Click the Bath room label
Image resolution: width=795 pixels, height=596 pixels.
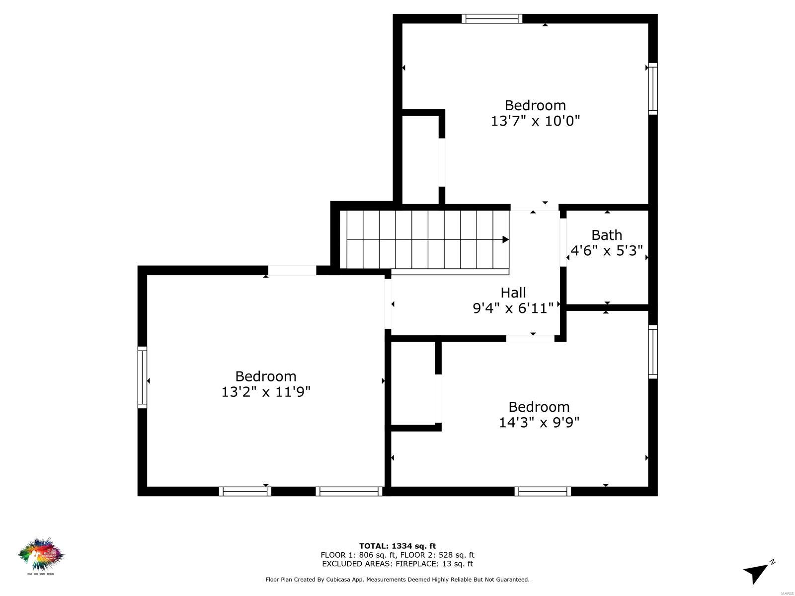click(x=606, y=235)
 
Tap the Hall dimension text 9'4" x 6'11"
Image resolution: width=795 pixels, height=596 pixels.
click(x=513, y=308)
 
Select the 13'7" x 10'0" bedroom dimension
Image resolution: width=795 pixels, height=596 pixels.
click(x=535, y=121)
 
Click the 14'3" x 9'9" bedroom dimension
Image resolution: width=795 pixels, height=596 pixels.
click(x=539, y=422)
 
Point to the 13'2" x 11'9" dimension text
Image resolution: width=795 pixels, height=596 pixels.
click(x=266, y=392)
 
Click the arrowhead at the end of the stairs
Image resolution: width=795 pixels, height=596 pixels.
click(x=505, y=239)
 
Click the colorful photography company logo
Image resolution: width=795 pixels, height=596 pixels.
click(x=41, y=555)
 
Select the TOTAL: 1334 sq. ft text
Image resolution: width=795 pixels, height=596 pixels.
click(x=397, y=546)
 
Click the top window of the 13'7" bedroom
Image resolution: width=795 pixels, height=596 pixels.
click(x=491, y=19)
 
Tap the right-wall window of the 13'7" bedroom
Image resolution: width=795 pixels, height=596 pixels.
click(x=653, y=89)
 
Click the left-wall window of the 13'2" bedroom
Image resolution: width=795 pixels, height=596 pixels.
click(x=142, y=377)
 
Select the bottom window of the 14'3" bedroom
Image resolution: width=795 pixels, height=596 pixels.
click(x=543, y=491)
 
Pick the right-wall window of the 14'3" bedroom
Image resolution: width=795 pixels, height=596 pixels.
click(x=653, y=352)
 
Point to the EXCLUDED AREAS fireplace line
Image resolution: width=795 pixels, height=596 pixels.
click(x=397, y=564)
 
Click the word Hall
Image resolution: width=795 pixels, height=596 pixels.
click(x=513, y=293)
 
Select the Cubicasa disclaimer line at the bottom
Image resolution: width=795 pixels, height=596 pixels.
click(x=397, y=579)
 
